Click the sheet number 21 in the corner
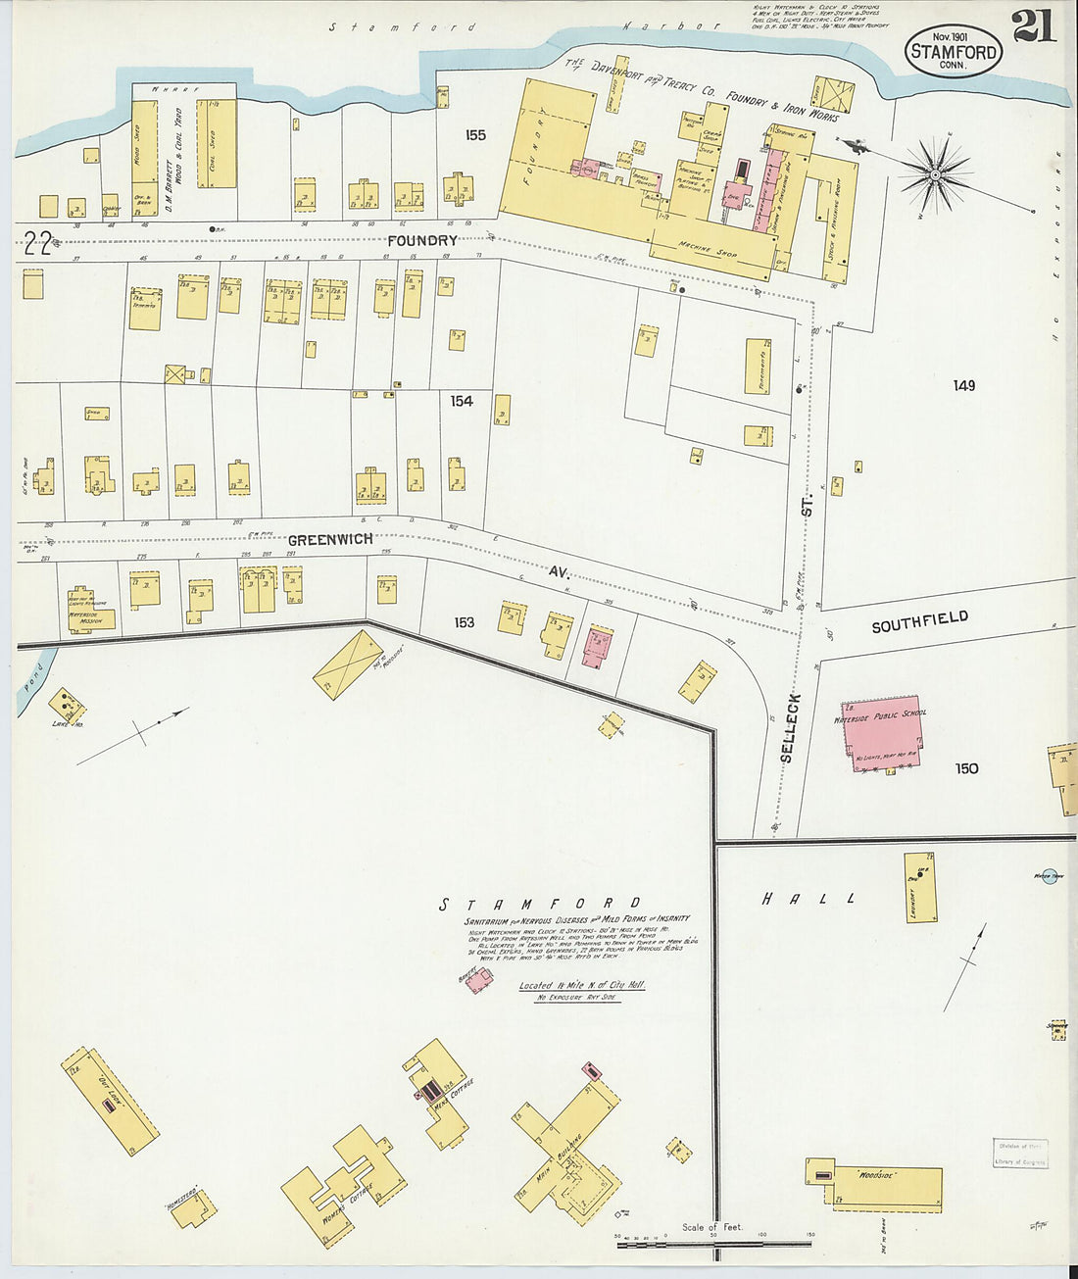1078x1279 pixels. tap(1034, 25)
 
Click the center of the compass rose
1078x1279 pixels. tap(935, 175)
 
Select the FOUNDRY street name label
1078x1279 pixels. tap(422, 240)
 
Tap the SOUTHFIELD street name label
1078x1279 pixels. tap(920, 621)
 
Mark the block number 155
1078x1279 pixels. tap(475, 135)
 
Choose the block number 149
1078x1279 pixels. tap(963, 386)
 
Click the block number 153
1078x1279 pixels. tap(464, 622)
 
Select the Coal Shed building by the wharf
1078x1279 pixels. tap(217, 143)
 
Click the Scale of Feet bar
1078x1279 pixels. tap(712, 1244)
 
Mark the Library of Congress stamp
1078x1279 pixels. tap(1020, 1155)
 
